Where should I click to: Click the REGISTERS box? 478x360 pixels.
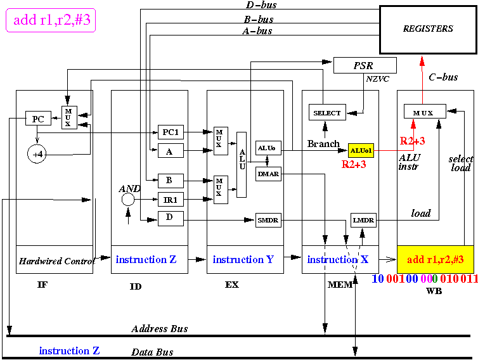click(x=428, y=30)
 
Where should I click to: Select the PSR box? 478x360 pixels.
click(x=365, y=65)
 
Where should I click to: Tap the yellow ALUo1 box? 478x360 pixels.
click(x=361, y=151)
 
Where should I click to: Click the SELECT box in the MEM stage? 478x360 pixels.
click(x=327, y=112)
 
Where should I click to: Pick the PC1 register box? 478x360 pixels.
click(x=171, y=132)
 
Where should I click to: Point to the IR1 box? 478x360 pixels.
click(x=171, y=200)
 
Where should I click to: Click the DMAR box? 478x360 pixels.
click(x=268, y=174)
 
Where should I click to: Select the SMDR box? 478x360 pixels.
click(x=268, y=220)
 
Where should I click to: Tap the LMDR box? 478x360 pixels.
click(x=363, y=220)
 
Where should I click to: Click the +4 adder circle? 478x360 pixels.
click(x=37, y=154)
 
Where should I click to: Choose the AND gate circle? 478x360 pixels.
click(x=128, y=200)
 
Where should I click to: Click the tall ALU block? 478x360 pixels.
click(x=242, y=165)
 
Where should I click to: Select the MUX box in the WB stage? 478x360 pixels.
click(x=425, y=112)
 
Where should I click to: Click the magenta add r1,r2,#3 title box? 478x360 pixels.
click(x=51, y=20)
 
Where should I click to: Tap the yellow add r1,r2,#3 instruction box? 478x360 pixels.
click(x=436, y=259)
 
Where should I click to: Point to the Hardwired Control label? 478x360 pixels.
click(x=56, y=261)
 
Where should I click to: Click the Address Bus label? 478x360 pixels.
click(x=160, y=328)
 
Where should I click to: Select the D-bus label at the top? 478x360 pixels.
click(x=261, y=5)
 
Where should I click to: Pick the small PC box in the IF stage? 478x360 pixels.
click(x=38, y=119)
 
